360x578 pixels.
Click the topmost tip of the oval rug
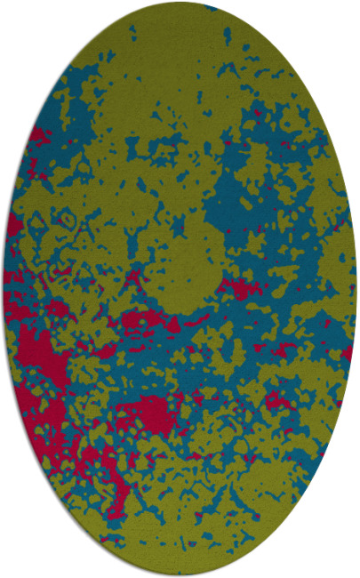click(180, 3)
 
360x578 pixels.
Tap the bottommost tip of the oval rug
click(180, 575)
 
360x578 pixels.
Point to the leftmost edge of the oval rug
click(4, 289)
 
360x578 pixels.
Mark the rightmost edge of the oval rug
click(356, 289)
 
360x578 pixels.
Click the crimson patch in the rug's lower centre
click(147, 411)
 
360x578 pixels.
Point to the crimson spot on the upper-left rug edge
click(37, 135)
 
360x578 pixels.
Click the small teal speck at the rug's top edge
click(211, 7)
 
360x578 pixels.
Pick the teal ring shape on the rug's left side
click(64, 216)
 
